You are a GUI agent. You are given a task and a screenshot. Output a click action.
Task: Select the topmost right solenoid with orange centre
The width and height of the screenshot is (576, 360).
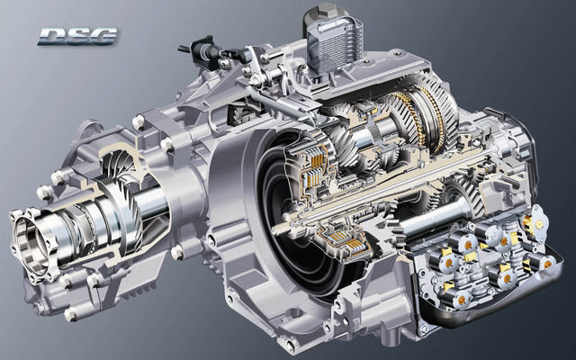538,219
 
